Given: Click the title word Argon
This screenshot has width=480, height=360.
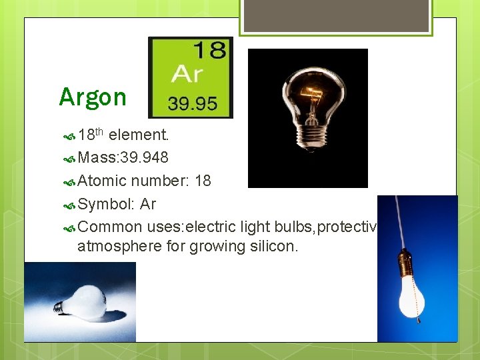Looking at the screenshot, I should point(92,97).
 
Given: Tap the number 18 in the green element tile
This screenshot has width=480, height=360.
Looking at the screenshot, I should point(209,51).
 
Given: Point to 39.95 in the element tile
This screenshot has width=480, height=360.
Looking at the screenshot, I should point(192,103).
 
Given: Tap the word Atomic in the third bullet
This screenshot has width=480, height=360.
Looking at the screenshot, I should point(102,181).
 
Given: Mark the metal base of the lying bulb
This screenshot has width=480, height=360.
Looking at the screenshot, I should point(61,307).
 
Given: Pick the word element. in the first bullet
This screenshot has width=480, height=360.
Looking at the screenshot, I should point(139,135).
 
